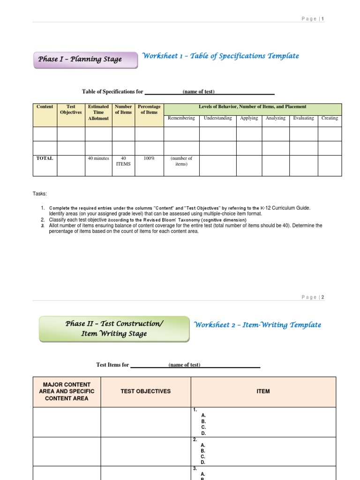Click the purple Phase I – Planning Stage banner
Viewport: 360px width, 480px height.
pyautogui.click(x=86, y=60)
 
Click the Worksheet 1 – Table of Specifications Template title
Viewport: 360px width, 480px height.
pyautogui.click(x=220, y=56)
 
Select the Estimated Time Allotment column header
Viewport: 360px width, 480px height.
pyautogui.click(x=98, y=112)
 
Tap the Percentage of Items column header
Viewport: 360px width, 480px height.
pyautogui.click(x=149, y=109)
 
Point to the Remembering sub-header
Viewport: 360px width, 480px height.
pyautogui.click(x=181, y=118)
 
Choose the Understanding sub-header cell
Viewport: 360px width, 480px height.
pyautogui.click(x=217, y=118)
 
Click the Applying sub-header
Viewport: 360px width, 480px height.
pyautogui.click(x=249, y=118)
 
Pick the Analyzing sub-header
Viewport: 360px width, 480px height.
pyautogui.click(x=276, y=118)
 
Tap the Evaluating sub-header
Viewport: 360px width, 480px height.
pyautogui.click(x=304, y=118)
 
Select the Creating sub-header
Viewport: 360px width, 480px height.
pyautogui.click(x=330, y=118)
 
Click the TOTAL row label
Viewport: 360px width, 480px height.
pyautogui.click(x=45, y=158)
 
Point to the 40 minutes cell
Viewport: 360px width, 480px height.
pyautogui.click(x=98, y=158)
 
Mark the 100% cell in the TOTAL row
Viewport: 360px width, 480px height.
pyautogui.click(x=149, y=158)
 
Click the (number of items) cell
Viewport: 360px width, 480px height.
pyautogui.click(x=181, y=161)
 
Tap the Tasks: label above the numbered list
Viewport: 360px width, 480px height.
pyautogui.click(x=40, y=194)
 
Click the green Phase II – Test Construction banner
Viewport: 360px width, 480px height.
pyautogui.click(x=114, y=329)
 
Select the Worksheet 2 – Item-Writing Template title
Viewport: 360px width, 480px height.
pyautogui.click(x=258, y=325)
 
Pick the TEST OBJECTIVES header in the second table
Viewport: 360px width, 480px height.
pyautogui.click(x=146, y=391)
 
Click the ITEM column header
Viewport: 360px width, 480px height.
pyautogui.click(x=263, y=391)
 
